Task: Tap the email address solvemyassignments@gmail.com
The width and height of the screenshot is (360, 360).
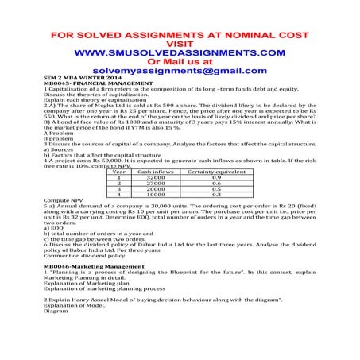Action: (x=179, y=71)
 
